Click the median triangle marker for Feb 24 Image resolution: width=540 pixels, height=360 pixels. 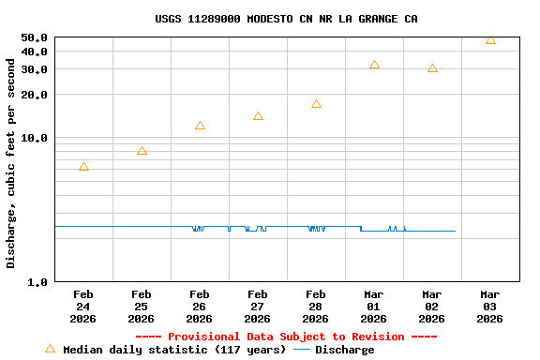pyautogui.click(x=83, y=167)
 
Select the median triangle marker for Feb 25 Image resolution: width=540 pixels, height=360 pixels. pyautogui.click(x=142, y=151)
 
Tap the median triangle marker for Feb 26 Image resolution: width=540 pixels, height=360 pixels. pyautogui.click(x=200, y=126)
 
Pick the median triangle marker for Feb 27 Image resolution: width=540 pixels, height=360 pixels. pyautogui.click(x=258, y=116)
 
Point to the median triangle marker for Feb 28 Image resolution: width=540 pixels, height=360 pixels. pyautogui.click(x=316, y=104)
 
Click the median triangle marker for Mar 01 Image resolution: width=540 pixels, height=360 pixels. pyautogui.click(x=374, y=65)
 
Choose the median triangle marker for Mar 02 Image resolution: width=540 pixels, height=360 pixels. pyautogui.click(x=432, y=68)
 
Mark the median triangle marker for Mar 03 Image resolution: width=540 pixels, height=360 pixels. pyautogui.click(x=490, y=40)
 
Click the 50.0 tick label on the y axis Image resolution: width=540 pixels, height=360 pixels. pyautogui.click(x=34, y=37)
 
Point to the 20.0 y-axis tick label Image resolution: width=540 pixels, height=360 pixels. pyautogui.click(x=34, y=95)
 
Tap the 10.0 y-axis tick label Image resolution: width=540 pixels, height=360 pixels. pyautogui.click(x=34, y=138)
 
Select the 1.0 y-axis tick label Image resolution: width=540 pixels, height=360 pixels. pyautogui.click(x=37, y=282)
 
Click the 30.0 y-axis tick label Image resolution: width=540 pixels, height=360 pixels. pyautogui.click(x=34, y=69)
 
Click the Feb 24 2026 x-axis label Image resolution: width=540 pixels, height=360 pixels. pyautogui.click(x=83, y=307)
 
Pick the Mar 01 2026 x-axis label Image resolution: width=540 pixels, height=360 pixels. pyautogui.click(x=374, y=307)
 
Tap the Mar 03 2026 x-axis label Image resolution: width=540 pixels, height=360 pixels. pyautogui.click(x=490, y=307)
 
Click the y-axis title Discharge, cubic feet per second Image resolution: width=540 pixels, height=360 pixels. pyautogui.click(x=11, y=163)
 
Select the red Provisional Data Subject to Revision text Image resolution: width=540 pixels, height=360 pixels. pyautogui.click(x=286, y=337)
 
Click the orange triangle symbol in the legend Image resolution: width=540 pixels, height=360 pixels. pyautogui.click(x=50, y=349)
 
